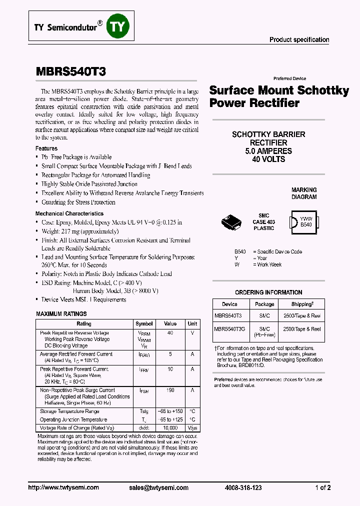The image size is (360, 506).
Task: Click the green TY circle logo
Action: click(115, 26)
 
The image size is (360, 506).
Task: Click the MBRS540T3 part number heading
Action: click(70, 71)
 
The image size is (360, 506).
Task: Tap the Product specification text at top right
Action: click(299, 39)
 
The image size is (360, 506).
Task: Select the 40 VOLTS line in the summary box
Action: click(268, 159)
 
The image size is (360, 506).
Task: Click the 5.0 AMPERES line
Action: click(268, 151)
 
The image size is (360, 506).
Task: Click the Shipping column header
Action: click(302, 304)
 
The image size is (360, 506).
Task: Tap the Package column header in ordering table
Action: click(264, 304)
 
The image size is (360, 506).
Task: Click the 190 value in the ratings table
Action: click(170, 390)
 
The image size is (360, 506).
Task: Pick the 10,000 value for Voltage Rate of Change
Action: click(170, 428)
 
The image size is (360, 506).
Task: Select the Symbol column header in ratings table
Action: click(144, 323)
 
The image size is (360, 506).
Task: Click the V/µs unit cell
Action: click(192, 428)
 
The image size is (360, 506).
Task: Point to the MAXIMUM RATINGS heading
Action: click(61, 314)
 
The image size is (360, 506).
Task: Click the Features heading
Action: click(46, 148)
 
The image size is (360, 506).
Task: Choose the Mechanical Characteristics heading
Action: click(69, 213)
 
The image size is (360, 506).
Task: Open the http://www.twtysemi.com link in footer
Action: click(63, 487)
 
